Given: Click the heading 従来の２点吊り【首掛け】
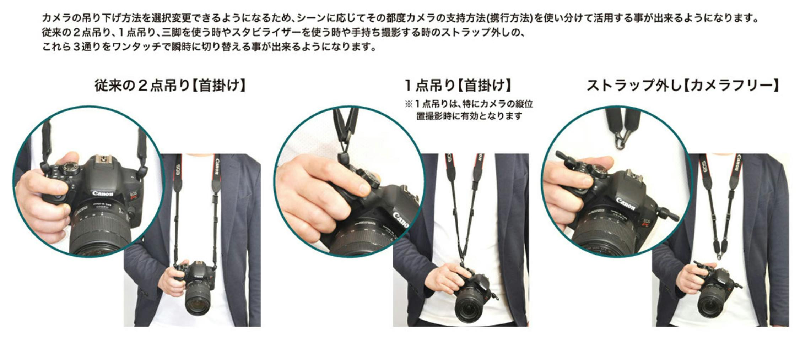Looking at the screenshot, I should [171, 86].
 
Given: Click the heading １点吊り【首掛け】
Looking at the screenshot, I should [458, 86].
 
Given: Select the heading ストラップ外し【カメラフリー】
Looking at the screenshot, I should [682, 86].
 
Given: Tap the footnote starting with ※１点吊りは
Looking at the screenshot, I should [469, 110].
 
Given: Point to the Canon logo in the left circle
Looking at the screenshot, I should [103, 193].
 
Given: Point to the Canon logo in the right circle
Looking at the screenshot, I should [625, 204].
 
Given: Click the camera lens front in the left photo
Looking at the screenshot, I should [198, 305].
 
